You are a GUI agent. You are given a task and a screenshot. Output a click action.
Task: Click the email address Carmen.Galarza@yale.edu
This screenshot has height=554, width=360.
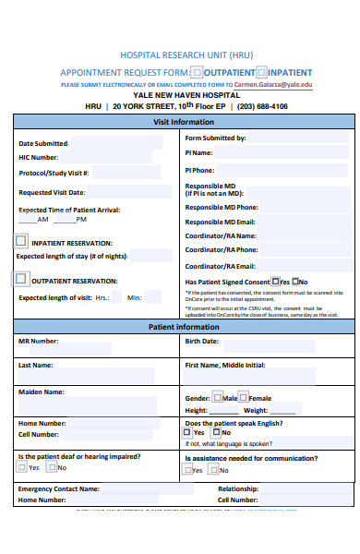(x=273, y=84)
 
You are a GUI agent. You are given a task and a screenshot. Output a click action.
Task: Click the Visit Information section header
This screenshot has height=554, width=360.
(x=183, y=122)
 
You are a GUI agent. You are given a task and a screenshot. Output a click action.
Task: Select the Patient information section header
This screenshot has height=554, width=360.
(x=184, y=328)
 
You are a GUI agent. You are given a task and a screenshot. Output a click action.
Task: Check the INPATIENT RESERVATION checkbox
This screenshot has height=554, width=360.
(x=21, y=241)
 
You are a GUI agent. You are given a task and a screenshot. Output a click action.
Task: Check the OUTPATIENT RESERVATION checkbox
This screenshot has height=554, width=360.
(x=21, y=278)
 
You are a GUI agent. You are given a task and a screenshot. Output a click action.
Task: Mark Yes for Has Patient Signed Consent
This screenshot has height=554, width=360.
(x=275, y=282)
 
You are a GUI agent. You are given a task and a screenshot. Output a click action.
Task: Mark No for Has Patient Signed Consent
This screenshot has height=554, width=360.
(x=295, y=282)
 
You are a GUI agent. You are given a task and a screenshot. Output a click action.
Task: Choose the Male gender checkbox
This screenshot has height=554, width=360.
(x=217, y=397)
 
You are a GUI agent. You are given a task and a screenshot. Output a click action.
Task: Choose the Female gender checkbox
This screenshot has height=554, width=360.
(x=244, y=397)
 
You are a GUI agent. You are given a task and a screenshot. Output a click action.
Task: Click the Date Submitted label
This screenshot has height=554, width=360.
(x=43, y=143)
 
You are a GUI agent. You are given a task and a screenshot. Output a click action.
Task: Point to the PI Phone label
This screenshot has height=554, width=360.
(x=199, y=170)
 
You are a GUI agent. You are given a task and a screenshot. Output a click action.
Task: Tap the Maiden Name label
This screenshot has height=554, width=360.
(x=42, y=391)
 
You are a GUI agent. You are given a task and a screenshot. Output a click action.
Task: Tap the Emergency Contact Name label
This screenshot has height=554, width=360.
(x=58, y=488)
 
